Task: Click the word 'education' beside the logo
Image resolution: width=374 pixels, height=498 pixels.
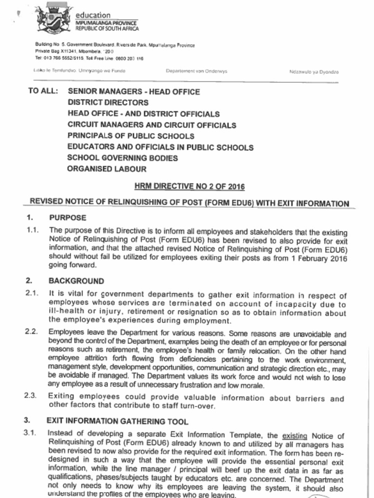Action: coord(93,15)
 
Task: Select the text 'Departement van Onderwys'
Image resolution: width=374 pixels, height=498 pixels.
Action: coord(196,71)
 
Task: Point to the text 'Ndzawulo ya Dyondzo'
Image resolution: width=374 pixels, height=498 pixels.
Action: coord(314,71)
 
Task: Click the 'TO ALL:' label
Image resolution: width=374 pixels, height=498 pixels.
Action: coord(43,91)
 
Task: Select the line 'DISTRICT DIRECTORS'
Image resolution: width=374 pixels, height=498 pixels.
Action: coord(108,103)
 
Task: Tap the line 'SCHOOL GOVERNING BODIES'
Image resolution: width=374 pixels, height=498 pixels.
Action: coord(122,158)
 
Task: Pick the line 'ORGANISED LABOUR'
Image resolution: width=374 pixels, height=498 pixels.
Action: coord(107,169)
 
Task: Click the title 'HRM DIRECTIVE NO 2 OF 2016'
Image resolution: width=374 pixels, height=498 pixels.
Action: coord(189,186)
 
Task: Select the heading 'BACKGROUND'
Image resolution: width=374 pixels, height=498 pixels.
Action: coord(76,281)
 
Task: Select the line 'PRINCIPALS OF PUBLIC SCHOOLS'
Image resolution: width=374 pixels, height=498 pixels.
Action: coord(131,136)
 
